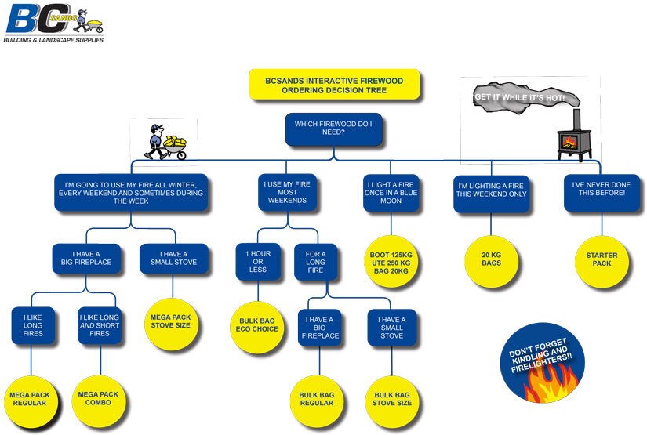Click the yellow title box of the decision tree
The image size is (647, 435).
[x=334, y=85]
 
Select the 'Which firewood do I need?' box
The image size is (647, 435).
[x=333, y=129]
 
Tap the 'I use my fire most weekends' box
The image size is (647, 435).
[x=287, y=193]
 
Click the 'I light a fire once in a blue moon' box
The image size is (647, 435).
[x=391, y=193]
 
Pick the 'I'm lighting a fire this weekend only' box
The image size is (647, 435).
[x=491, y=194]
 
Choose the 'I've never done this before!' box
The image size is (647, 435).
[x=602, y=193]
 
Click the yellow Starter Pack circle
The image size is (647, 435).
[x=602, y=262]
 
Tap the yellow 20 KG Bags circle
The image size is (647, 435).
[x=491, y=262]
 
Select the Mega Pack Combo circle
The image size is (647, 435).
[x=98, y=401]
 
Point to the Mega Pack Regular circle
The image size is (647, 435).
[x=30, y=401]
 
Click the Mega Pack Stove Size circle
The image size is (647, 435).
[x=171, y=324]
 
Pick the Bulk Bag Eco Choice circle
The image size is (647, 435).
[x=256, y=328]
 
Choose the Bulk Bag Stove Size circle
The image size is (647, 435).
[x=392, y=401]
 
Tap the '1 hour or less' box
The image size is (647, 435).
[x=258, y=262]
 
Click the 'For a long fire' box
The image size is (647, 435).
[x=316, y=263]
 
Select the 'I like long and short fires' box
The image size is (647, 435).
[x=100, y=325]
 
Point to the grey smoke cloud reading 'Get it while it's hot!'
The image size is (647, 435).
[x=525, y=98]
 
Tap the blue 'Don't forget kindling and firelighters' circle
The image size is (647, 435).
[x=542, y=363]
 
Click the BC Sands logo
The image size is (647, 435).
[x=54, y=23]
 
